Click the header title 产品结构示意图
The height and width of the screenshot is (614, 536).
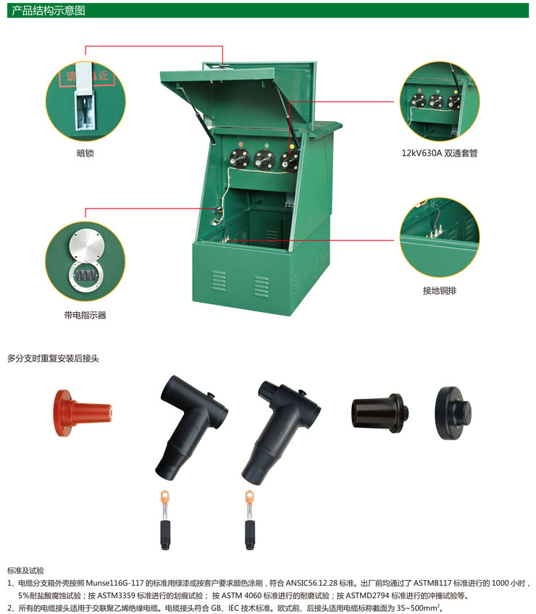coord(49,10)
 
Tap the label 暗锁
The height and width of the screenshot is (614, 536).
coord(85,153)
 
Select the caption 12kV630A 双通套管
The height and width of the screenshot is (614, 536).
coord(439,153)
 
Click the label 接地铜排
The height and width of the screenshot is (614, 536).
coord(440,290)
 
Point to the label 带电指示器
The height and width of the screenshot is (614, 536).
coord(85,315)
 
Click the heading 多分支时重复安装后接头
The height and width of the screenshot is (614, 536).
coord(53,358)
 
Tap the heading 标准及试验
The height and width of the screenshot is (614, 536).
coord(25,571)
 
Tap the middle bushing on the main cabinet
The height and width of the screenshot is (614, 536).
coord(264,160)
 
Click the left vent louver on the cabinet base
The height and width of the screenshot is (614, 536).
coord(219,281)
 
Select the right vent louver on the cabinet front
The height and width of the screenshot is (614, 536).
coord(261,286)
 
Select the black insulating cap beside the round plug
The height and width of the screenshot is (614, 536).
coord(380,413)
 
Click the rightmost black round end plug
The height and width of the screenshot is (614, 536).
coord(453,413)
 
